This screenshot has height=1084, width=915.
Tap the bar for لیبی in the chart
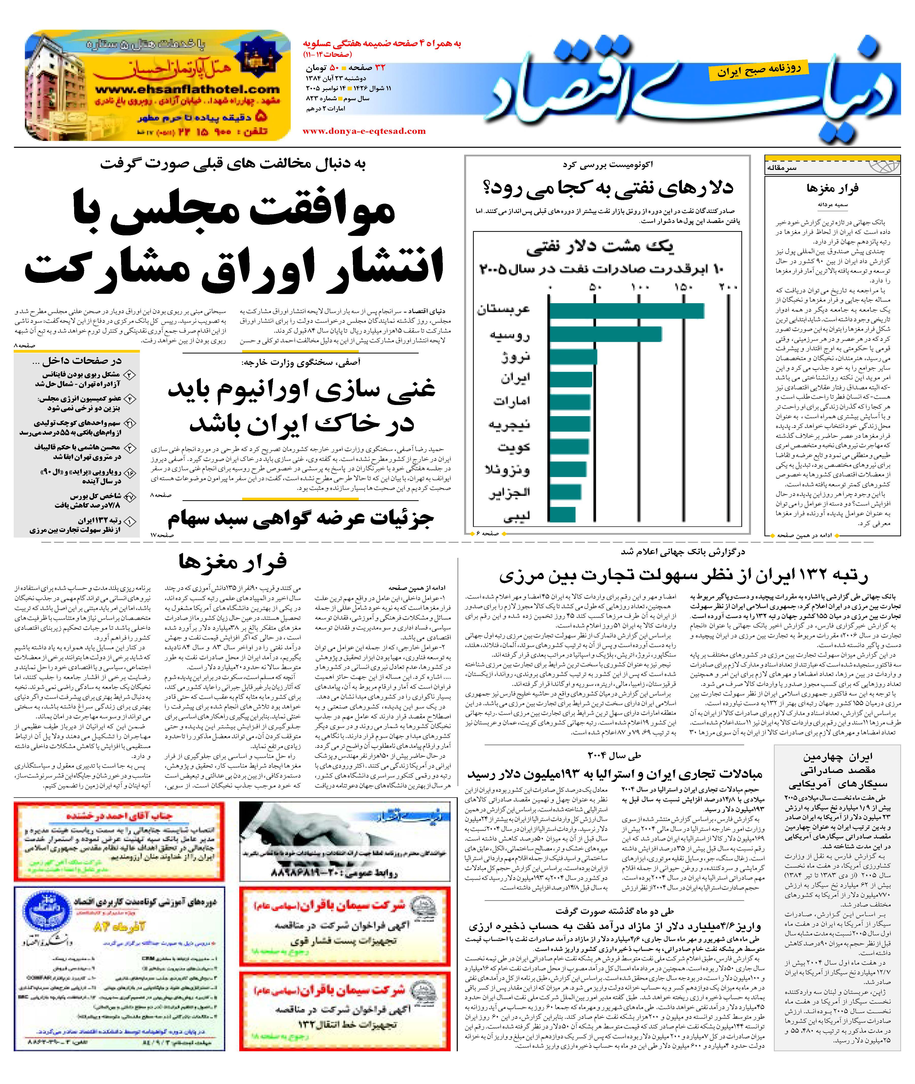[562, 514]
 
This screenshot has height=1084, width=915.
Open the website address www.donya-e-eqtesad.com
[364, 131]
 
